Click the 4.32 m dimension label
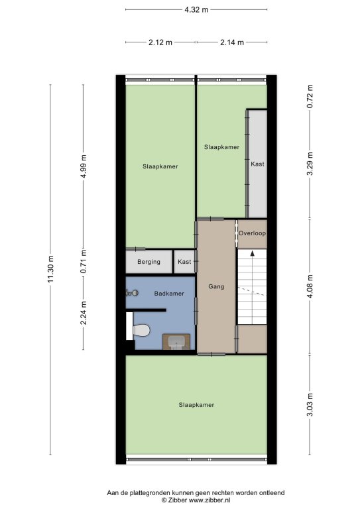196,10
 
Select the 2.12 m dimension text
160,42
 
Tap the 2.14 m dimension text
232,42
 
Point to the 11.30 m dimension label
50,269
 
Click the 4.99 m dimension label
83,166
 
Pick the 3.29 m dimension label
310,164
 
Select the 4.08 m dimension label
310,286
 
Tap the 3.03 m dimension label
310,404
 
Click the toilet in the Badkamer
141,330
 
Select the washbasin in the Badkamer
176,342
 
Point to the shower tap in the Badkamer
132,293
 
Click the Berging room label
149,262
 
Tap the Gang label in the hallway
216,286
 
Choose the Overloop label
252,233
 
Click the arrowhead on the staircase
252,254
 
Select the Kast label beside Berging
184,262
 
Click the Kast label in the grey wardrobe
257,164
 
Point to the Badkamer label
169,294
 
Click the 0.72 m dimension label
310,96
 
